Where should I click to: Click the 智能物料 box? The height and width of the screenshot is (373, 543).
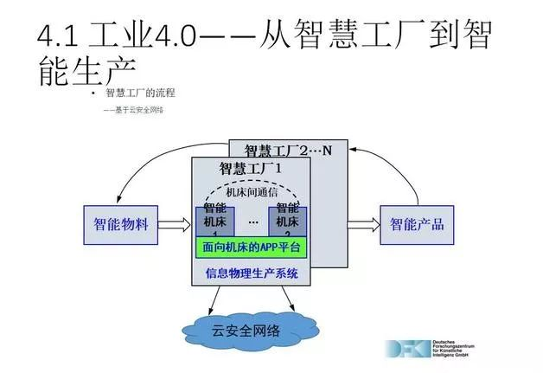(121, 225)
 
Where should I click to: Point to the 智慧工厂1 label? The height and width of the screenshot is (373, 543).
(251, 168)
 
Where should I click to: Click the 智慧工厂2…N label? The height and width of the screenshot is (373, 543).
(289, 150)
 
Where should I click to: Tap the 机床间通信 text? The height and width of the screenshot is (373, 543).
(251, 192)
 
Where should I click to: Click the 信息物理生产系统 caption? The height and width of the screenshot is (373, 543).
(251, 273)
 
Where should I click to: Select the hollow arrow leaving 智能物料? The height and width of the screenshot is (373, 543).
(175, 225)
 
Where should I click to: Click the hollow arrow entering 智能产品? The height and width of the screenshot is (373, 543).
(362, 225)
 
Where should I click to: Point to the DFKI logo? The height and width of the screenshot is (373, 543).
(406, 350)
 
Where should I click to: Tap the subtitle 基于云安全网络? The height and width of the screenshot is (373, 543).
(135, 111)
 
